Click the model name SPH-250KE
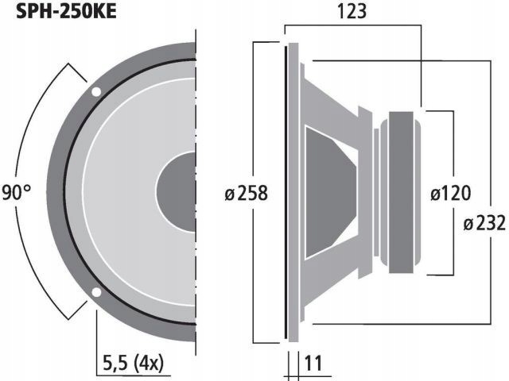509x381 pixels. click(x=60, y=13)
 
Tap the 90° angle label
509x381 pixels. click(x=17, y=193)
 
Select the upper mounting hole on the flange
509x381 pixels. click(x=96, y=91)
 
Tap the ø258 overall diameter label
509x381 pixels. click(x=244, y=193)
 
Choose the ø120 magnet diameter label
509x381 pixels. click(x=450, y=193)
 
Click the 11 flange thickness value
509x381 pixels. click(x=313, y=364)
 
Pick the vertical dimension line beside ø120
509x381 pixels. click(x=453, y=143)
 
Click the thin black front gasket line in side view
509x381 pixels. click(x=285, y=193)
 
